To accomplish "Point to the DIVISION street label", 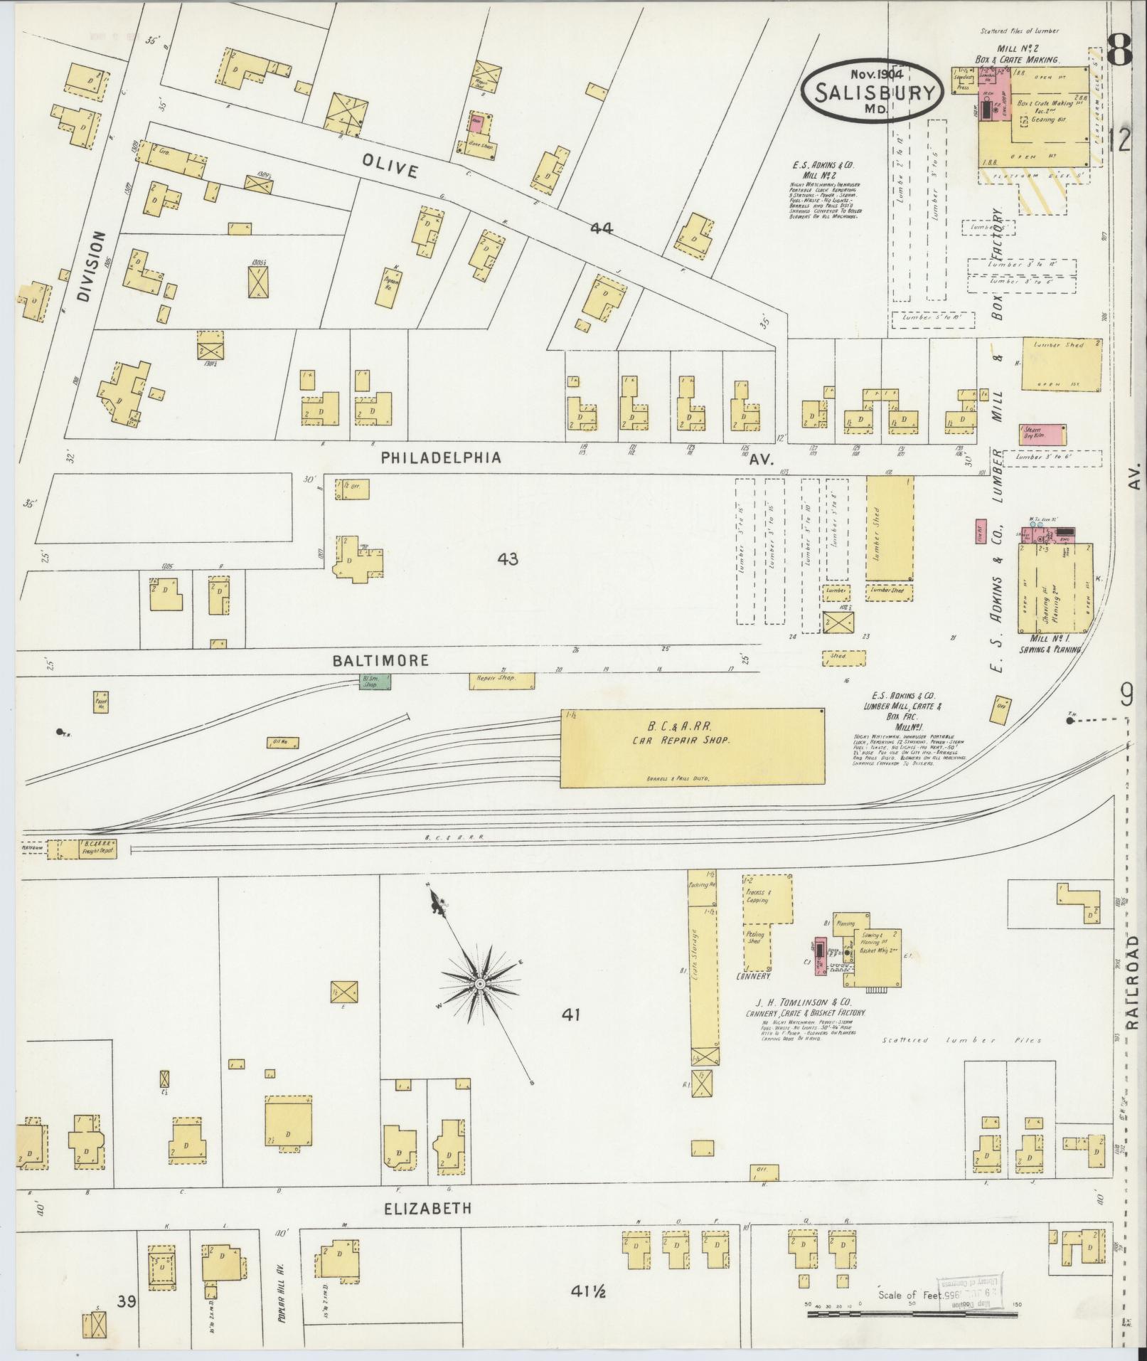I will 92,267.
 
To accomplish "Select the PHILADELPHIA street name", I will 441,458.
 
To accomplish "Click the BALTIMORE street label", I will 380,660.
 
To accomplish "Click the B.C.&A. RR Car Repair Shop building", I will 693,748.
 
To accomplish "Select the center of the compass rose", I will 480,983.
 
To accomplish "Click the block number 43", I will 508,559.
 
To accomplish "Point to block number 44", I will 601,228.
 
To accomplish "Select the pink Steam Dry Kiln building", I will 1042,433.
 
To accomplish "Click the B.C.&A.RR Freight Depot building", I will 87,849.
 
